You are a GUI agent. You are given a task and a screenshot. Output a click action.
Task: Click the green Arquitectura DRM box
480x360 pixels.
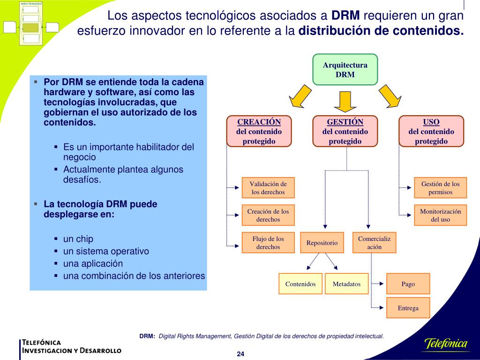click(345, 69)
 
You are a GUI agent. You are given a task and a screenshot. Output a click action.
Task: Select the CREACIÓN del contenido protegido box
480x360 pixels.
click(259, 131)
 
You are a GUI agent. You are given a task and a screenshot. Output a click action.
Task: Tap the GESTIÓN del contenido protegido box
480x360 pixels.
click(345, 131)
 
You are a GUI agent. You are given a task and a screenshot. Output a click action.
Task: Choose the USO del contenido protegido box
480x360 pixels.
click(431, 131)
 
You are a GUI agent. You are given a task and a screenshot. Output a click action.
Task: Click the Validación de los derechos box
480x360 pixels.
click(268, 188)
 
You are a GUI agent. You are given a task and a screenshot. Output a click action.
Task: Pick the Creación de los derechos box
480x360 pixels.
click(268, 215)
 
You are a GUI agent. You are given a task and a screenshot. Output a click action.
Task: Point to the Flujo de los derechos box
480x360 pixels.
click(268, 242)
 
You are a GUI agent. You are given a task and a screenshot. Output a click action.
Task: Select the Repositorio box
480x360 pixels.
click(322, 242)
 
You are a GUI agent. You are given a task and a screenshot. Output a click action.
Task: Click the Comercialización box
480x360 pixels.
click(374, 242)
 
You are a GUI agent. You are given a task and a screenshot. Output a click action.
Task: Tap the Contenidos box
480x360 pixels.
click(300, 284)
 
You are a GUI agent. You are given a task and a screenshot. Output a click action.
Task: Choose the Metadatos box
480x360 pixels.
click(346, 284)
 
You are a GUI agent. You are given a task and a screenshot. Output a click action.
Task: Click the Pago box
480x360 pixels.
click(408, 284)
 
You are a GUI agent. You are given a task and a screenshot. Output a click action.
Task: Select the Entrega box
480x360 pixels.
click(408, 308)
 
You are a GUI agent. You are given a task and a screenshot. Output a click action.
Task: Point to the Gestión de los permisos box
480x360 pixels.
click(440, 188)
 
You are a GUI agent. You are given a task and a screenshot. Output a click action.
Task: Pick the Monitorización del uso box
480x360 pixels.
click(440, 215)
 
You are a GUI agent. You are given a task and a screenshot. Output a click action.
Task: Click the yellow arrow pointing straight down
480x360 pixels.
click(345, 101)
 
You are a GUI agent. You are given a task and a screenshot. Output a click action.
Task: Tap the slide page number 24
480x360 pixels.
click(240, 353)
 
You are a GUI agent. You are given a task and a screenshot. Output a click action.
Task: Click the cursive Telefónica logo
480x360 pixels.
click(446, 344)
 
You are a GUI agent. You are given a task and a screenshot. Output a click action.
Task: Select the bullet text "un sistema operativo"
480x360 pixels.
click(106, 251)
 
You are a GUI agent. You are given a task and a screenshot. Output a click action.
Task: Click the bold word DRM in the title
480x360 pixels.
click(346, 16)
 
